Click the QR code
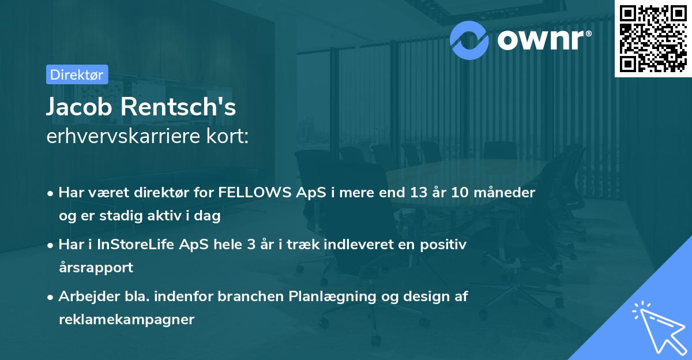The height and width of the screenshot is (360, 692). coord(653,38)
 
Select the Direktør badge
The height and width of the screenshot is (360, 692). coord(77,74)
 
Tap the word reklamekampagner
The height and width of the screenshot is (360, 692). coord(126,319)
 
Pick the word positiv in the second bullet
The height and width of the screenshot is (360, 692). coord(445,245)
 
